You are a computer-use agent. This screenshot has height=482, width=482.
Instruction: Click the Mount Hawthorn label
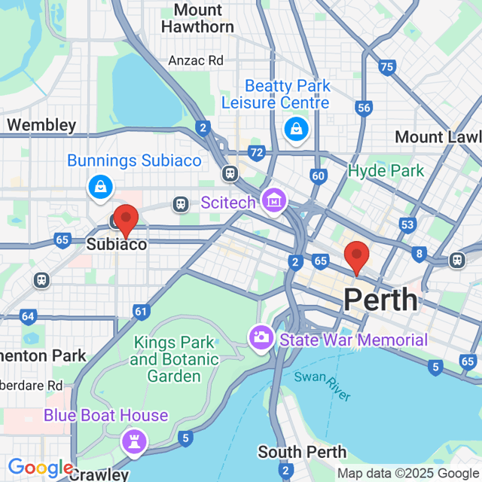click(x=198, y=19)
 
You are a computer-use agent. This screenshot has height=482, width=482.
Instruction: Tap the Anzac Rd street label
click(x=196, y=60)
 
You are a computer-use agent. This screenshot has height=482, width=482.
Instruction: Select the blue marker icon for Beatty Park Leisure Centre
click(x=295, y=129)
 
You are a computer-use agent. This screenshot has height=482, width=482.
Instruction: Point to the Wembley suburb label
click(x=41, y=125)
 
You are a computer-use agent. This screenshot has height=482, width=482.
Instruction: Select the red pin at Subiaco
click(x=125, y=221)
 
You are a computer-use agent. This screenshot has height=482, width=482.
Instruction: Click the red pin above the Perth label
click(x=355, y=257)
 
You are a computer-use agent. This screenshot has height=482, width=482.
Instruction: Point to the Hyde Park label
click(x=386, y=171)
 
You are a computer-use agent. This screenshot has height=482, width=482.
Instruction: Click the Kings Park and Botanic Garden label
click(x=174, y=359)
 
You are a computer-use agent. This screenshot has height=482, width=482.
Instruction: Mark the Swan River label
click(x=317, y=383)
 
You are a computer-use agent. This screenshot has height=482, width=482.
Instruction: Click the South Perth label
click(x=302, y=452)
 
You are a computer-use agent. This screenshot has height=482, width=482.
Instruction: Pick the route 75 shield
click(x=387, y=68)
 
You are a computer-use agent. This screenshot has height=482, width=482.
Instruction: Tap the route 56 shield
click(x=365, y=108)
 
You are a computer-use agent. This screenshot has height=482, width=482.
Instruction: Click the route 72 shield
click(x=257, y=153)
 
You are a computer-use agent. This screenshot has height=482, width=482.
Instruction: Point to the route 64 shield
click(x=28, y=316)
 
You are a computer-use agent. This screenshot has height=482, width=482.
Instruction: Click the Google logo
click(x=39, y=468)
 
